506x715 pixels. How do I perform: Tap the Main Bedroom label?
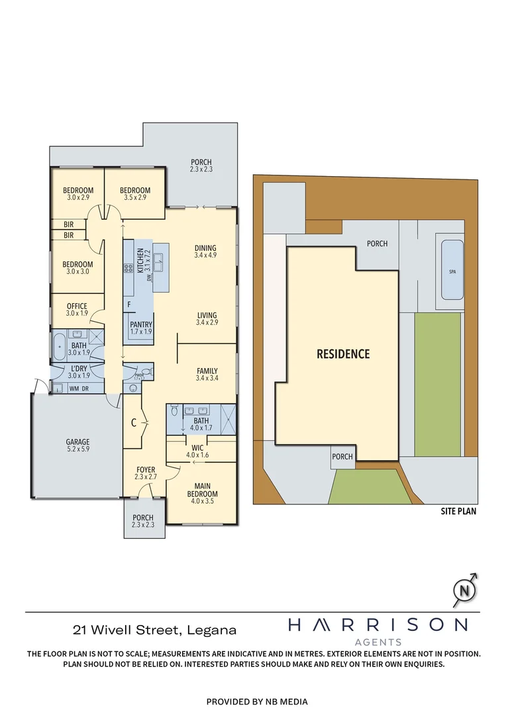[x=202, y=489]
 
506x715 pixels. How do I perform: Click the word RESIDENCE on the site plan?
[x=342, y=354]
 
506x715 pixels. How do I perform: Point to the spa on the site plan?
[x=452, y=271]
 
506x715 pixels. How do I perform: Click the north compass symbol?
[x=465, y=589]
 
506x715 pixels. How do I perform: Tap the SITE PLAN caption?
[x=458, y=511]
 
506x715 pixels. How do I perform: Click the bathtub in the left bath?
[x=59, y=346]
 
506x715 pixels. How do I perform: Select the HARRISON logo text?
[x=378, y=624]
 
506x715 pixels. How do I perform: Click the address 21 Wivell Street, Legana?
[x=154, y=630]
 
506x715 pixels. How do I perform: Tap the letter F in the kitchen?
[x=128, y=305]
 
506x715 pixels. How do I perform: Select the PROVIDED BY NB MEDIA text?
[x=257, y=701]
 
